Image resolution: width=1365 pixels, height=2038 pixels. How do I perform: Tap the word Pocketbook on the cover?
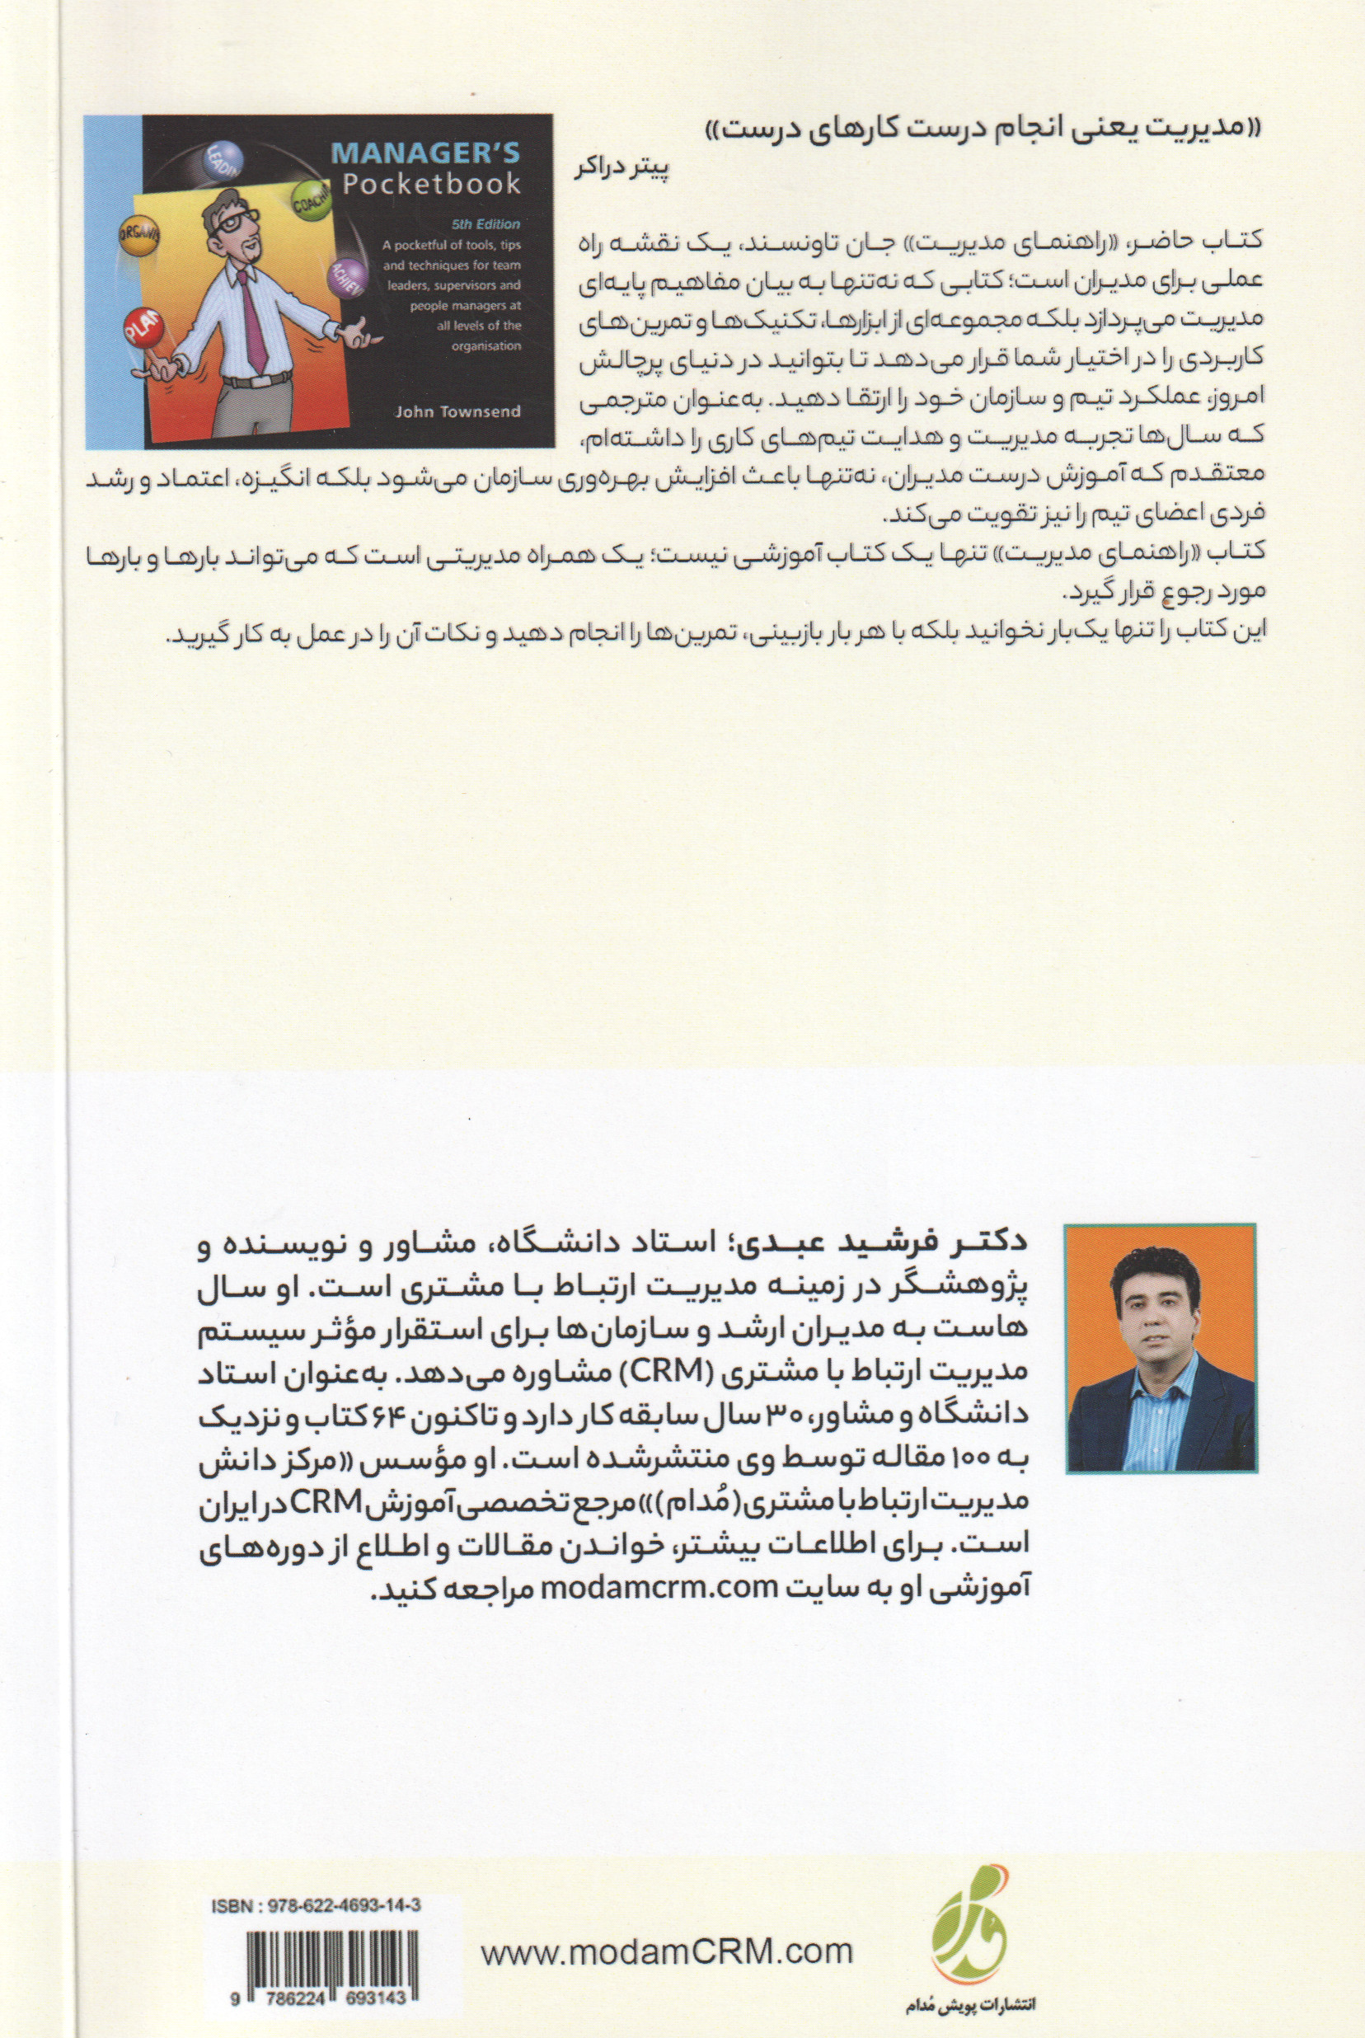tap(432, 184)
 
